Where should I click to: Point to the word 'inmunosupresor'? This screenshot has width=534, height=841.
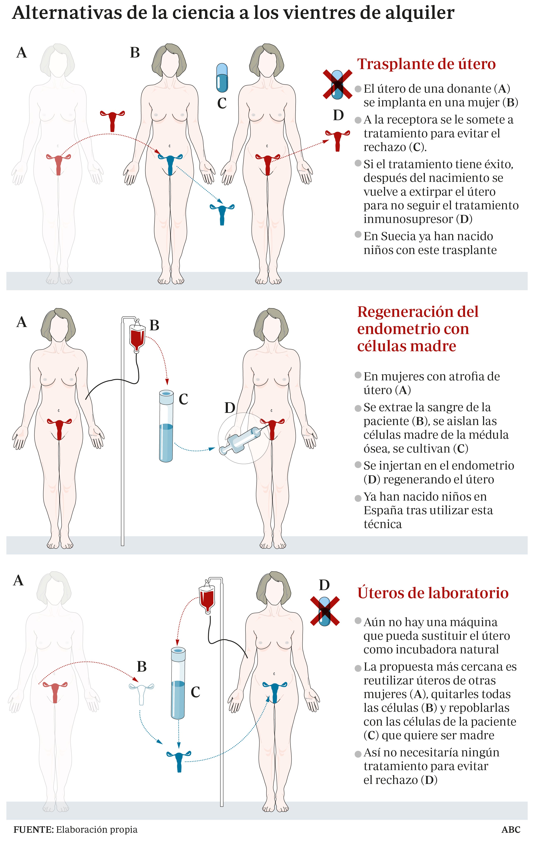pyautogui.click(x=408, y=219)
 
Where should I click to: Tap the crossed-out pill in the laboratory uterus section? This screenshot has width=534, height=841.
pyautogui.click(x=325, y=611)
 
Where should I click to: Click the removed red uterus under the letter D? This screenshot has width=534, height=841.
pyautogui.click(x=337, y=141)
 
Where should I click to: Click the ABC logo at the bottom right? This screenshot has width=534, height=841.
pyautogui.click(x=511, y=829)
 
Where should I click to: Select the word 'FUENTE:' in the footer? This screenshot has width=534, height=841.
pyautogui.click(x=34, y=829)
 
